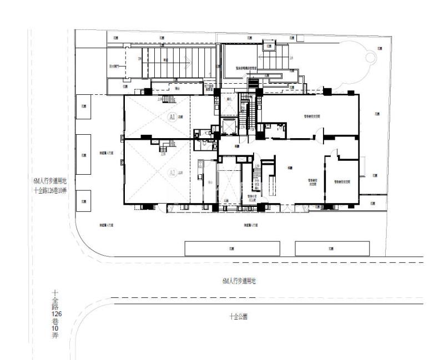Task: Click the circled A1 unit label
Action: [x=173, y=118]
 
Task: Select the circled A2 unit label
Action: [x=173, y=173]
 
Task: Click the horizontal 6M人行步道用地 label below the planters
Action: [x=239, y=281]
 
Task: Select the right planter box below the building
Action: [x=332, y=248]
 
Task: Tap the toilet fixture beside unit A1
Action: [x=207, y=132]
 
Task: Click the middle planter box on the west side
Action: [x=83, y=155]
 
